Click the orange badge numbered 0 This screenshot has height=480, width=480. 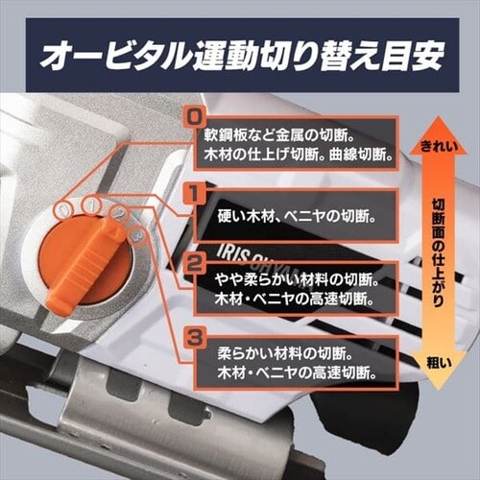(194, 118)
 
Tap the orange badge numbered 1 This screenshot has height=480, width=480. (193, 194)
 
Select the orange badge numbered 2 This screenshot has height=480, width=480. (194, 264)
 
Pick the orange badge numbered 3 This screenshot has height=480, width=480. (194, 338)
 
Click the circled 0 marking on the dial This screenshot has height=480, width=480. (64, 209)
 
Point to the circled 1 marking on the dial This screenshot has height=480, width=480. (91, 204)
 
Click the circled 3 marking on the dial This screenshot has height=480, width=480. (138, 236)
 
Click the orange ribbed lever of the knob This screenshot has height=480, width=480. (84, 266)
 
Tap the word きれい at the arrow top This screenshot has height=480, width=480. (439, 147)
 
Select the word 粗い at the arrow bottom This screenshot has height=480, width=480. (439, 363)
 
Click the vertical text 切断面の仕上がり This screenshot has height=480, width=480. (439, 252)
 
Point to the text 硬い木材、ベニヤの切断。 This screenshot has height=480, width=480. (296, 217)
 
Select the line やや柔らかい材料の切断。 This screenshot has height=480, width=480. (297, 280)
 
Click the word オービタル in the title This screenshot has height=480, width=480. (116, 55)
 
